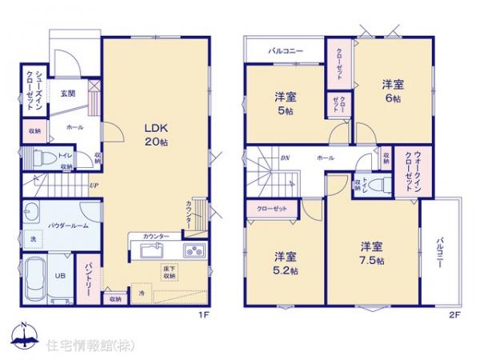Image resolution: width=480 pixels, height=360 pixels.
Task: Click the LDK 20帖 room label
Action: click(x=155, y=134)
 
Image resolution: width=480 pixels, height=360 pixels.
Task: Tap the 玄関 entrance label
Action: click(x=68, y=94)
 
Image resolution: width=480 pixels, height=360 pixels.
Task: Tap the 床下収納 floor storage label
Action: click(x=170, y=272)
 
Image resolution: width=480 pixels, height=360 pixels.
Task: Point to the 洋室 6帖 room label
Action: click(x=392, y=90)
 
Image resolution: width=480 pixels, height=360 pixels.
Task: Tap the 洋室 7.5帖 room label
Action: click(x=371, y=254)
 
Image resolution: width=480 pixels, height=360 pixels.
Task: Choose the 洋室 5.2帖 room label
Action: click(x=286, y=262)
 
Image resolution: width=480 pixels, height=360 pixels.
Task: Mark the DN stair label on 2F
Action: click(x=285, y=158)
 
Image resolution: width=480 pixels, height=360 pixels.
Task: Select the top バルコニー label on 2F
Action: click(x=286, y=51)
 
